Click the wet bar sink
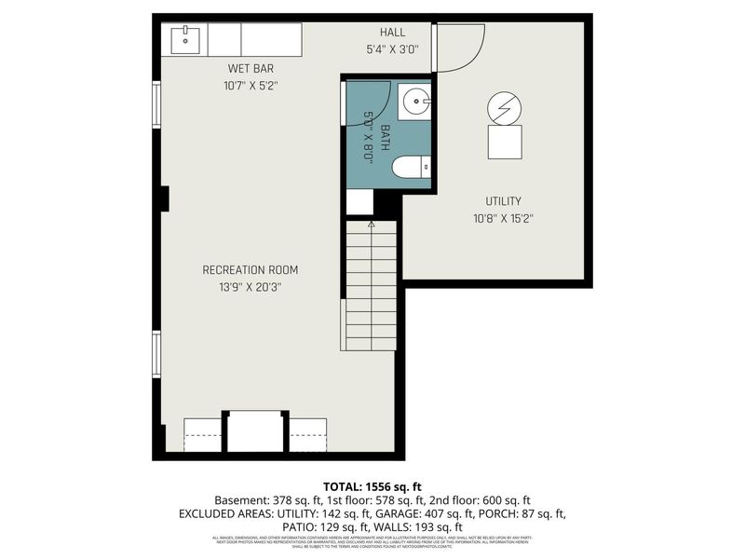coord(186,39)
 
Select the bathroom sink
coord(414,101)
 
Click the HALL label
coord(392,33)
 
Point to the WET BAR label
coord(251,68)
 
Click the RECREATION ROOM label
coord(251,270)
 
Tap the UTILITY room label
coord(503,201)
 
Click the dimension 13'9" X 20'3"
coord(251,288)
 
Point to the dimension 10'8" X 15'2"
coord(503,219)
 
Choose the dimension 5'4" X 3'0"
coord(392,50)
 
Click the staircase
coord(371,284)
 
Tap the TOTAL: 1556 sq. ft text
coord(372,486)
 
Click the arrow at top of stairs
coord(371,225)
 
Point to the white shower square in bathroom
coord(359,202)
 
